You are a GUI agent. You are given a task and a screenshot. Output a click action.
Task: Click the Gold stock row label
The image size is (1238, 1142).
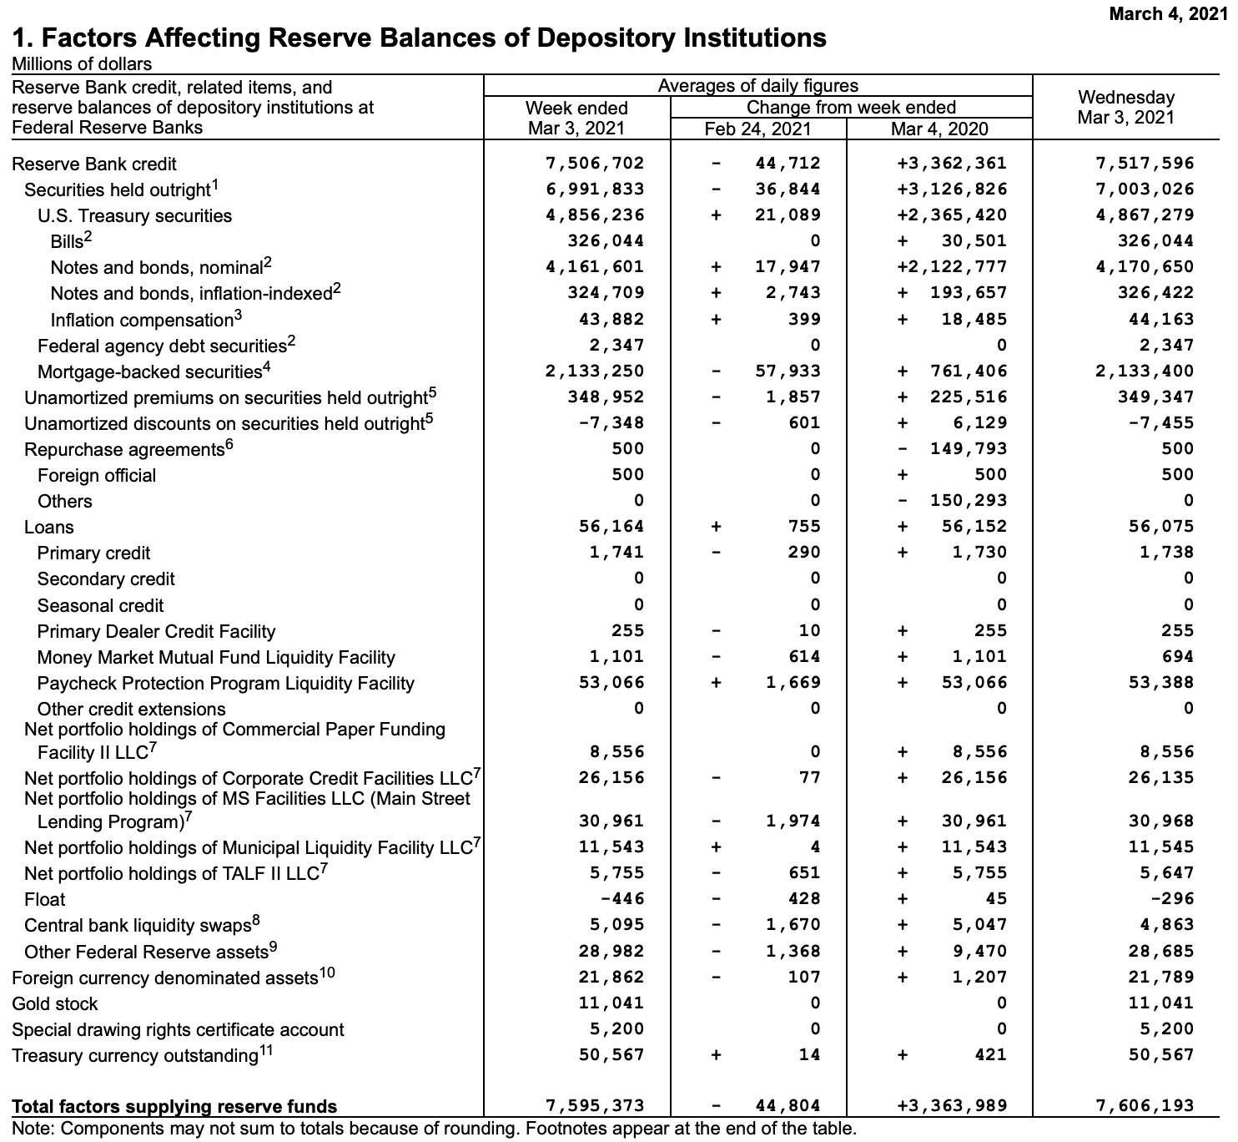[55, 1003]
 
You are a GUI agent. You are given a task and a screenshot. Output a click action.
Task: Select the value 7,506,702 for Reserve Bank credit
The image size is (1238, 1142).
[595, 164]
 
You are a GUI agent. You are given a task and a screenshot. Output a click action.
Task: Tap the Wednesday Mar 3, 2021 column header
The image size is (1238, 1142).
[1125, 108]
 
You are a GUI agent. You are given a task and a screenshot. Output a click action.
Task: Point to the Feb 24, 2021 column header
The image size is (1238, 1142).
[757, 129]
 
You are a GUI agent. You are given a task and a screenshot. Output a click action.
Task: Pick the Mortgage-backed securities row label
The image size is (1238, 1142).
[150, 371]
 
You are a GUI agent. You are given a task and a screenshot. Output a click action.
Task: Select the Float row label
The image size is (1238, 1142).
[44, 899]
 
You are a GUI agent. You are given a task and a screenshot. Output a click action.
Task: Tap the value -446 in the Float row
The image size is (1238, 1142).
[622, 898]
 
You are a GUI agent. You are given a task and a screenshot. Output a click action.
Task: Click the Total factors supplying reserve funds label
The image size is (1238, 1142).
[174, 1106]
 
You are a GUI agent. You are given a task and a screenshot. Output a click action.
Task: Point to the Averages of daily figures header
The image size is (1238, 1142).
[757, 86]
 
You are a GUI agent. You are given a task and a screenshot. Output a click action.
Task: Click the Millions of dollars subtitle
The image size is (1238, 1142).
[82, 64]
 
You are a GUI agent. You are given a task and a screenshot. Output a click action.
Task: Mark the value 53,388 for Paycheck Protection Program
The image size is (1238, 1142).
[1160, 682]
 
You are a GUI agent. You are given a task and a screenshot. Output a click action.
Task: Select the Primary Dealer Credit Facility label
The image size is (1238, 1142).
[156, 631]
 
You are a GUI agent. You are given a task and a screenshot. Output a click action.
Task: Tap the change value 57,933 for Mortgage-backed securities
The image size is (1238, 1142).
[788, 371]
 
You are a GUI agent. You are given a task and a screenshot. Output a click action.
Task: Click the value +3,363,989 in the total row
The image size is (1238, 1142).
[952, 1106]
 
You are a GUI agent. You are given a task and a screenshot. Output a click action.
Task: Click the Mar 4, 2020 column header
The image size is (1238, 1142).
[939, 129]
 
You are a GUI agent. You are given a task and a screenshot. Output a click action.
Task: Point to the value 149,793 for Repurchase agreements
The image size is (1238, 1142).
[969, 448]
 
